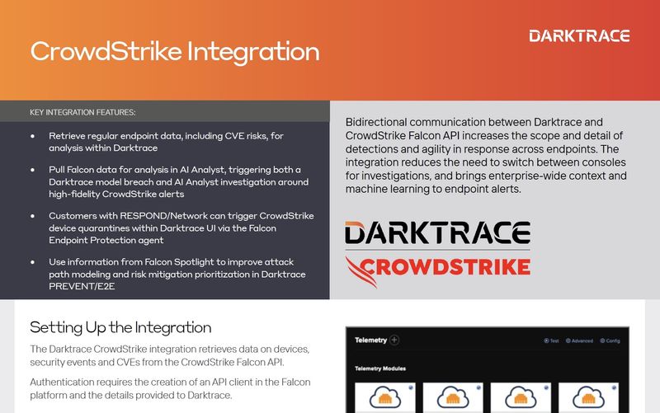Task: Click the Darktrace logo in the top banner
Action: pyautogui.click(x=579, y=35)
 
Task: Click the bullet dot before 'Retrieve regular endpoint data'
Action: pyautogui.click(x=32, y=135)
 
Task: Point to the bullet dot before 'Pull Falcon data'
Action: pyautogui.click(x=32, y=170)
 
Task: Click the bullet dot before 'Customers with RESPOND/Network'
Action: pyautogui.click(x=32, y=216)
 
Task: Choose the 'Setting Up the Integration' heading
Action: pyautogui.click(x=120, y=327)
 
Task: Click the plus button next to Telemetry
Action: pyautogui.click(x=394, y=340)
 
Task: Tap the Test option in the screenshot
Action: pyautogui.click(x=552, y=340)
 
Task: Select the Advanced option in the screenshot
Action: pyautogui.click(x=581, y=340)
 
